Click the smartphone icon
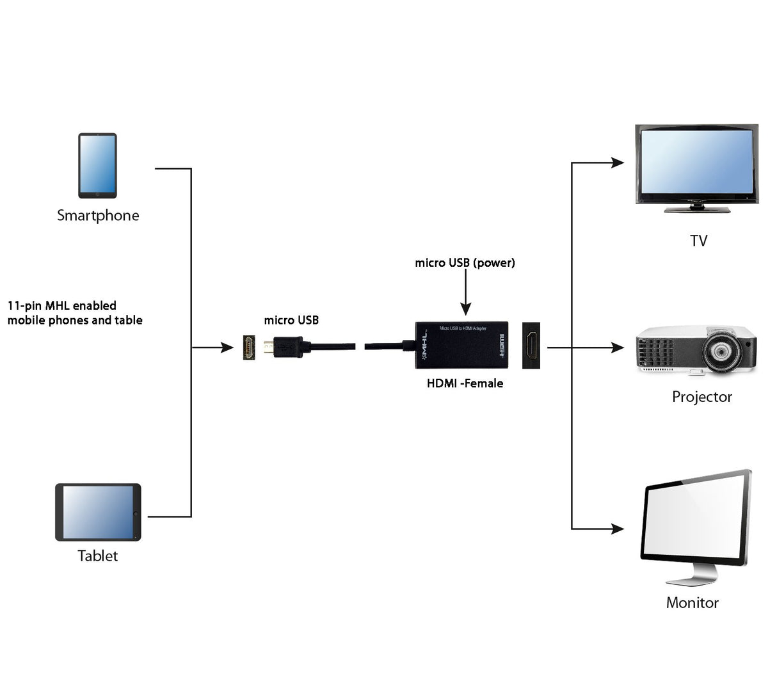tap(97, 166)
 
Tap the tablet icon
tap(98, 512)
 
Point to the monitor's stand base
tap(691, 580)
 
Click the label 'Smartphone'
tap(98, 216)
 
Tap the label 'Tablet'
tap(98, 556)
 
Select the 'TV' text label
tap(698, 241)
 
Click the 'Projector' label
tap(701, 397)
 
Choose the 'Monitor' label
tap(692, 603)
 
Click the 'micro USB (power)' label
tap(465, 263)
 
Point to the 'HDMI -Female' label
tap(465, 383)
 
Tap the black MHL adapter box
tap(461, 346)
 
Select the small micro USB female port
tap(250, 348)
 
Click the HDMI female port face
tap(531, 346)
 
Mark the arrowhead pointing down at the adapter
tap(466, 310)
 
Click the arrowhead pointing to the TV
tap(617, 163)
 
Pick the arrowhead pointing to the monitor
tap(617, 529)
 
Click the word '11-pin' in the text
tap(24, 306)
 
